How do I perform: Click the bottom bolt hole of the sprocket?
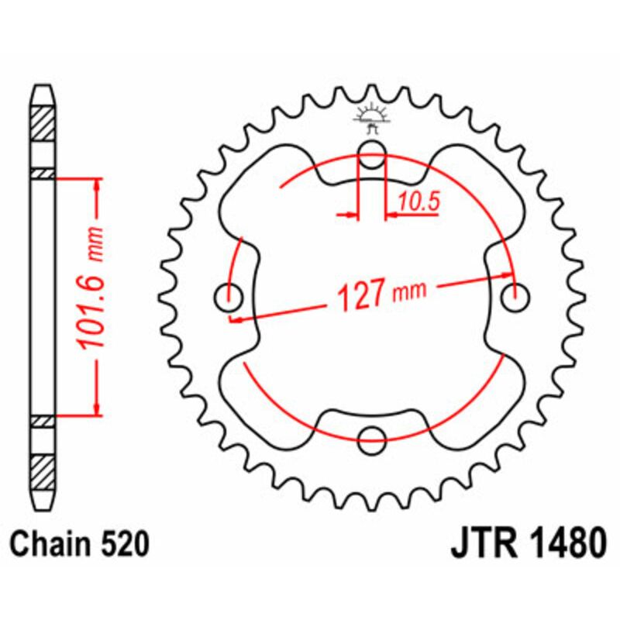(371, 439)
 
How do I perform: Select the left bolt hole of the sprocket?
(227, 294)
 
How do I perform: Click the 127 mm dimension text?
(372, 294)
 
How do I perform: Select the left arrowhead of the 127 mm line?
(235, 317)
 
